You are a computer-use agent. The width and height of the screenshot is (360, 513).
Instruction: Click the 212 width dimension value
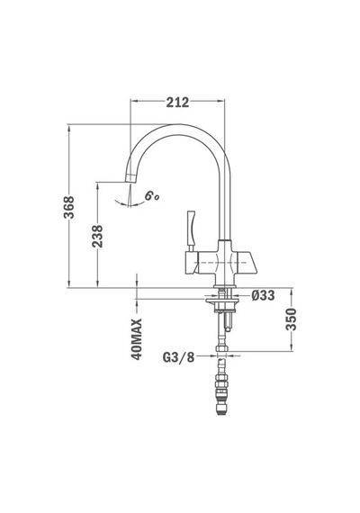click(177, 103)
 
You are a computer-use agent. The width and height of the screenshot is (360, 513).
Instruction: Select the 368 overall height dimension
click(68, 207)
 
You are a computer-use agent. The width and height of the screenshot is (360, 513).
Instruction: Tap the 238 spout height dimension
click(97, 236)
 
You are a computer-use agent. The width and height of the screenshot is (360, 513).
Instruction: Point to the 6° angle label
click(151, 196)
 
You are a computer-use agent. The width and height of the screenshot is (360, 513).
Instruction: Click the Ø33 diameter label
click(263, 295)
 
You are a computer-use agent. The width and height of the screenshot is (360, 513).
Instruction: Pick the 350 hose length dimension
click(291, 319)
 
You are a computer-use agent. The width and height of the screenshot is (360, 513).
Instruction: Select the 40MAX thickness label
click(137, 339)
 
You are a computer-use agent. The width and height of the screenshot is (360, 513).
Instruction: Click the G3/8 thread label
click(178, 357)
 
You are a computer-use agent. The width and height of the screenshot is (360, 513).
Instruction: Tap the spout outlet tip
click(130, 178)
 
